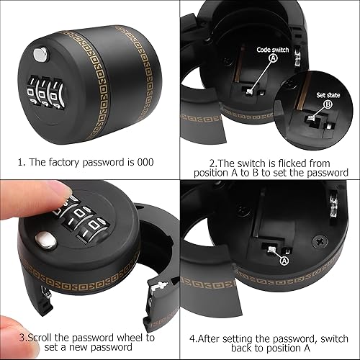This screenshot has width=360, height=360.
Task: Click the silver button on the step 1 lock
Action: tap(40, 55)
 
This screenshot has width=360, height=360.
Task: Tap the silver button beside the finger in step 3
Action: tap(47, 240)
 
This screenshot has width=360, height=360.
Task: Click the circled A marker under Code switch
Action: tap(274, 58)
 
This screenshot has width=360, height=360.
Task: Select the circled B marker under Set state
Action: tap(328, 104)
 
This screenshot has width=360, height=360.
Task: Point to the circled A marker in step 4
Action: tap(284, 261)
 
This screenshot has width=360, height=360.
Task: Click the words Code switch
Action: tap(273, 50)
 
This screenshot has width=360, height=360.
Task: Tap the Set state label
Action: tap(328, 95)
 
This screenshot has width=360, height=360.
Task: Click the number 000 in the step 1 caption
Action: tap(145, 162)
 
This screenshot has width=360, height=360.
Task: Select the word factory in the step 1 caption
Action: tap(63, 163)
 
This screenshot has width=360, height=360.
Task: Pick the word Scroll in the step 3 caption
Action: tap(39, 338)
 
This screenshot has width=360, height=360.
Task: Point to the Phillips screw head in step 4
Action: tap(321, 241)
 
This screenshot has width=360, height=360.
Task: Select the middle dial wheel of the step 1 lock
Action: tap(42, 91)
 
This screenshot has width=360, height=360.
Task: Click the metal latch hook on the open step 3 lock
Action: tap(159, 287)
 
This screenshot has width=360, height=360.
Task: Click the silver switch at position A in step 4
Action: tap(272, 250)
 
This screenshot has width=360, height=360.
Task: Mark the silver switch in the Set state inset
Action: tap(311, 117)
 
